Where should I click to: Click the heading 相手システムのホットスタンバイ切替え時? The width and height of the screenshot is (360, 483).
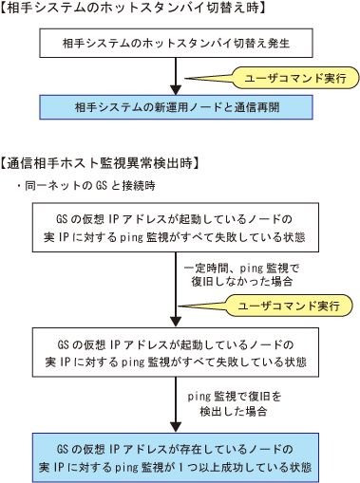tap(133, 8)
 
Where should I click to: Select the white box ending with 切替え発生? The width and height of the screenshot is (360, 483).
tap(176, 43)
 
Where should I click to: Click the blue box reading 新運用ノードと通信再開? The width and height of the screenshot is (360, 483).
tap(176, 107)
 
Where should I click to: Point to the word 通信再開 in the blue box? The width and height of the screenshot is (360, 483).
tap(256, 107)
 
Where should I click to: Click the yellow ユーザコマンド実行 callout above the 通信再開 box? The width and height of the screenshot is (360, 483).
tap(295, 78)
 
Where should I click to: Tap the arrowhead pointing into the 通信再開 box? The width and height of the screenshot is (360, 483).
tap(176, 90)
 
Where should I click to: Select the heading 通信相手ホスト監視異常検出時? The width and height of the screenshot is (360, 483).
tap(100, 163)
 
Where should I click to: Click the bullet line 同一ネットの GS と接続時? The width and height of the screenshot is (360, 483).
tap(86, 185)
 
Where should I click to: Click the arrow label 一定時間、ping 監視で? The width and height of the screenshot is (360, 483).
tap(241, 269)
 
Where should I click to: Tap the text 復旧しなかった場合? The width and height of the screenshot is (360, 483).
tap(241, 281)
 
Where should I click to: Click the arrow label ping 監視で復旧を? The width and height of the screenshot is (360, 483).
tap(235, 397)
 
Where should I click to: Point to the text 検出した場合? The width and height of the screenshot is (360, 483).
tap(234, 411)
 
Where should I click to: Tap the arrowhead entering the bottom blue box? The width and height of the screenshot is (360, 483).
tap(176, 428)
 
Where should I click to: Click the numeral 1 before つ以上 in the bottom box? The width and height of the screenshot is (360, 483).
tap(181, 468)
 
